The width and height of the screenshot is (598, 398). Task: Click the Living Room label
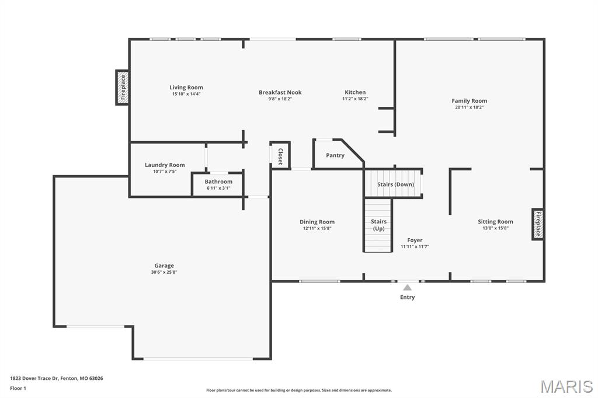(x=186, y=88)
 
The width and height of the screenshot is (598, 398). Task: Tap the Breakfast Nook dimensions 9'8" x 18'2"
(x=280, y=99)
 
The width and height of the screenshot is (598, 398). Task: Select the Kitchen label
(x=355, y=92)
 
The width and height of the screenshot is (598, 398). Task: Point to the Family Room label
(x=469, y=100)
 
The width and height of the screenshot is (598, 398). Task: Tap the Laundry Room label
(x=165, y=165)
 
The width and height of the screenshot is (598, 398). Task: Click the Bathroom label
(x=218, y=181)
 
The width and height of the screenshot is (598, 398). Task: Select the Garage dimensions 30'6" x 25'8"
(x=164, y=272)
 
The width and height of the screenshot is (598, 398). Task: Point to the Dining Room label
(x=317, y=222)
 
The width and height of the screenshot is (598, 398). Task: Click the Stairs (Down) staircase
(x=394, y=184)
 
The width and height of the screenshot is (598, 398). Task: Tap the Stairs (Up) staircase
(x=378, y=225)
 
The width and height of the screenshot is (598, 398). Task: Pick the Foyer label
(x=415, y=240)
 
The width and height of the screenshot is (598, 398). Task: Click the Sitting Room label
(x=495, y=222)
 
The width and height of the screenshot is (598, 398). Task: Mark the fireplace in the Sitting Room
(x=538, y=224)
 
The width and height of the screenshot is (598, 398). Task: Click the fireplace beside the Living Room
(x=123, y=88)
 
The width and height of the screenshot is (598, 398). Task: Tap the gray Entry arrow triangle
(x=407, y=288)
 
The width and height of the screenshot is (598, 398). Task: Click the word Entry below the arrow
(x=407, y=297)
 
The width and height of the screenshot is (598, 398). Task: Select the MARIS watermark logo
(x=566, y=386)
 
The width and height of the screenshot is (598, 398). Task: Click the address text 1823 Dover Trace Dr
(x=34, y=379)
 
